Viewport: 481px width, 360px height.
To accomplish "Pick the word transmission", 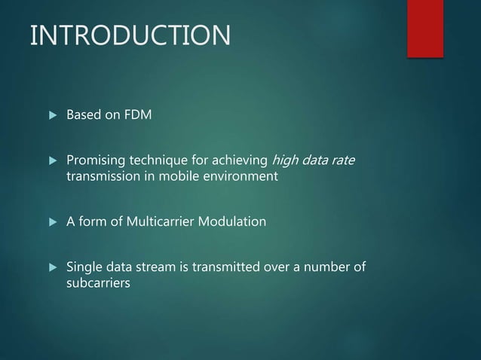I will coord(101,176).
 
